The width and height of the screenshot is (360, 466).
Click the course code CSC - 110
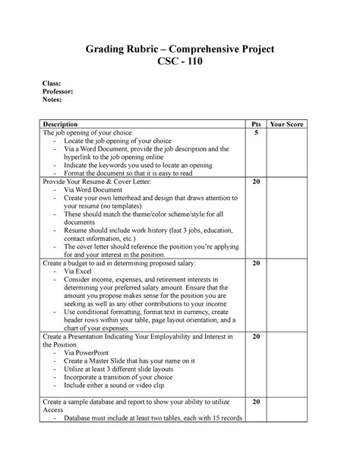pyautogui.click(x=180, y=63)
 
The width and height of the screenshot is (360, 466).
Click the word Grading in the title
pyautogui.click(x=110, y=49)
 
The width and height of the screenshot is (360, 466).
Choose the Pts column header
pyautogui.click(x=256, y=123)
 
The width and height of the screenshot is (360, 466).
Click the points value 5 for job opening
pyautogui.click(x=256, y=133)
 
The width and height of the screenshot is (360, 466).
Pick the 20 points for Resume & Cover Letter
pyautogui.click(x=256, y=183)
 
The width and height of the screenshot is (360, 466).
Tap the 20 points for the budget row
pyautogui.click(x=256, y=263)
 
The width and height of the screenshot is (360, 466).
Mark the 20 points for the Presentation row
pyautogui.click(x=256, y=336)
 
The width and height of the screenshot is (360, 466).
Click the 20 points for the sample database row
pyautogui.click(x=256, y=401)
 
